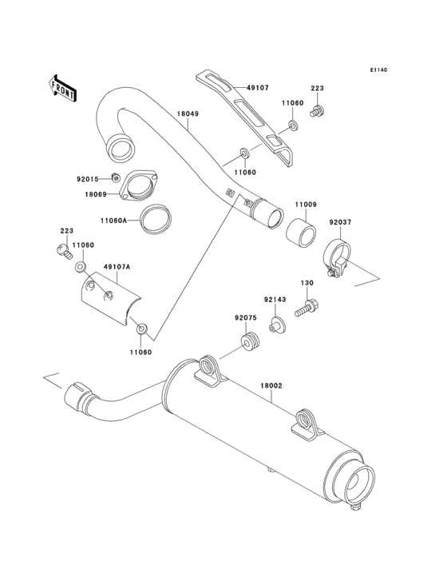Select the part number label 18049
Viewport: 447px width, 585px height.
(x=188, y=114)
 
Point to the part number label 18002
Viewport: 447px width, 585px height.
(x=271, y=386)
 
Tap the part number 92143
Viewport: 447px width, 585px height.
(x=275, y=300)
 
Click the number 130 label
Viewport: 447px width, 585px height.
(x=307, y=283)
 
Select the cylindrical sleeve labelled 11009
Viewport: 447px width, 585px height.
(x=301, y=232)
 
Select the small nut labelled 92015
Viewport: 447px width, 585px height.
(x=116, y=177)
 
